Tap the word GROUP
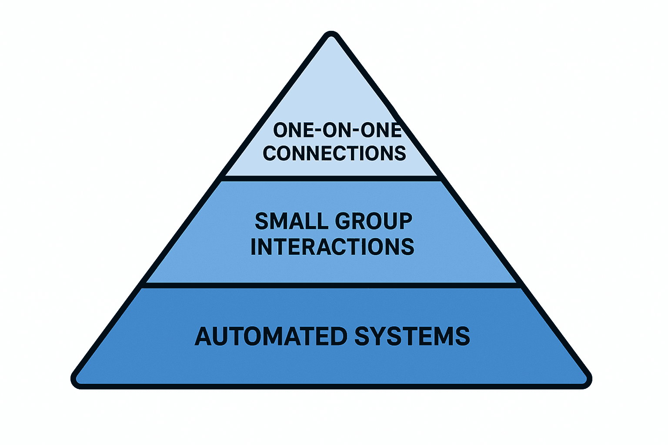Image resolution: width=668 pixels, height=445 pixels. click(374, 221)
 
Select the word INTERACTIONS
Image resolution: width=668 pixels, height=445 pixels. click(333, 246)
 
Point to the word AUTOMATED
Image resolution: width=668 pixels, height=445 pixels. click(271, 336)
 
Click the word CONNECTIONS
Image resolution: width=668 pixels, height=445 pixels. click(334, 153)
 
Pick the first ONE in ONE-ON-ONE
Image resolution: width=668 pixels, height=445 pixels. click(294, 130)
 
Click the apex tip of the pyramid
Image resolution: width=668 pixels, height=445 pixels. click(331, 32)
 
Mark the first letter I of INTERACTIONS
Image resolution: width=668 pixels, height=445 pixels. click(254, 246)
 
